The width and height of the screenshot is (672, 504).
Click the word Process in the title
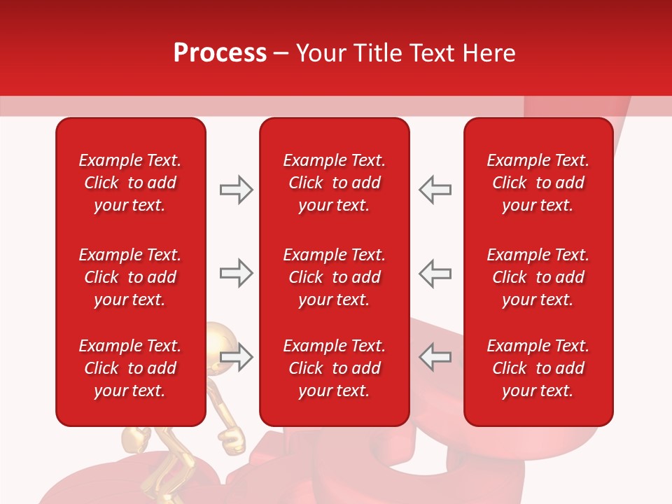coord(220,53)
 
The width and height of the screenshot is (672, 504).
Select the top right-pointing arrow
coord(236,190)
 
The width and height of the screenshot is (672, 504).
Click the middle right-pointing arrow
coord(236,273)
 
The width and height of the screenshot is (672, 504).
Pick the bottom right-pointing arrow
coord(236,356)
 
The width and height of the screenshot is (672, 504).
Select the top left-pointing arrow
coord(435,190)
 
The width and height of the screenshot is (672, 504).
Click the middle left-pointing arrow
coord(435,273)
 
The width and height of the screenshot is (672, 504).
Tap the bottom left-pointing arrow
coord(435,356)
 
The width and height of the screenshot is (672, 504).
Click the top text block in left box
coord(130,183)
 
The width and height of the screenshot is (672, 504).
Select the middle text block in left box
coord(130,277)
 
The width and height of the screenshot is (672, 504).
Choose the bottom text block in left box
coord(130,368)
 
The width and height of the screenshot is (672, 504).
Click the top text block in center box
coord(334,183)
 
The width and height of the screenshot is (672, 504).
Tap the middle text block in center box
coord(334,277)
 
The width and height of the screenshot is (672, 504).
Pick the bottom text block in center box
coord(334,368)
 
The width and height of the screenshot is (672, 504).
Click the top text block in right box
coord(538,183)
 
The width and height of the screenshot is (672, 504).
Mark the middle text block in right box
coord(538,277)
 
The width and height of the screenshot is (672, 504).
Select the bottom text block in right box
coord(538,368)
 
